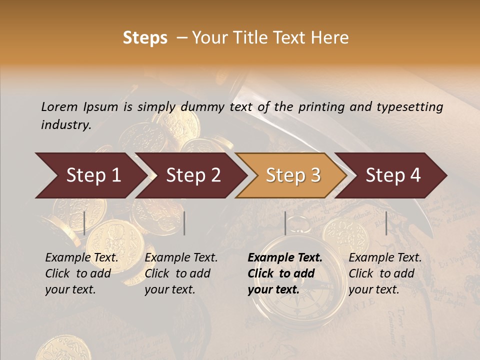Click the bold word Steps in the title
coord(145,38)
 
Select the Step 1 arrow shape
coord(90,175)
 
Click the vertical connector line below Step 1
coord(84,223)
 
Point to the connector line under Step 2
coord(184,223)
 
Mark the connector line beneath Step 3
coord(285,223)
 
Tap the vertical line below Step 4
coord(386,223)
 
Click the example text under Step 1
coord(81,273)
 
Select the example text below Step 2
coord(181,273)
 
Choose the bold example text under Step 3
coord(285,273)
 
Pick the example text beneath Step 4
coord(385,273)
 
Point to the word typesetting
coord(412,107)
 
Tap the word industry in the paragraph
coord(66,125)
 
